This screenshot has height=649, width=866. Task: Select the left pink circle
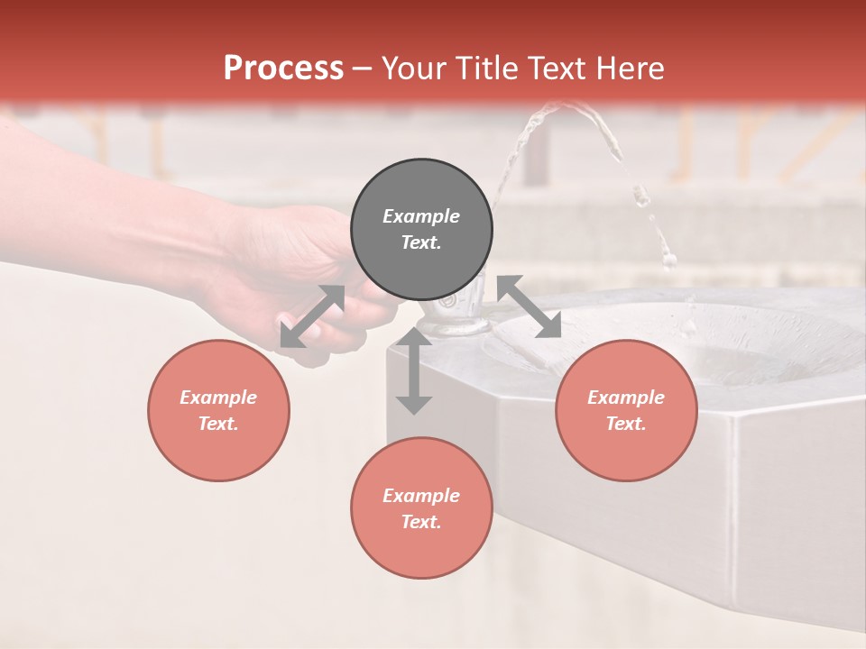coord(218,410)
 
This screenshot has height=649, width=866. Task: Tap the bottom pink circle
coord(421,507)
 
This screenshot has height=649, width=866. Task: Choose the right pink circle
coord(626,410)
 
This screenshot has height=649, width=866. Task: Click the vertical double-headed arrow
coord(414,370)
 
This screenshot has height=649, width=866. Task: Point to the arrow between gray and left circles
coord(312,316)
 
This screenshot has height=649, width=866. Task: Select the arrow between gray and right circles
coord(530,306)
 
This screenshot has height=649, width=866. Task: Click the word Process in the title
coord(283,68)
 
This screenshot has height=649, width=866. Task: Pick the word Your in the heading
coord(416,68)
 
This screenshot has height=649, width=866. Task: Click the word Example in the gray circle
coord(421,216)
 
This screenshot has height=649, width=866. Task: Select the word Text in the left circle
coord(218,424)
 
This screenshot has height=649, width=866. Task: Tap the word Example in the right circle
coord(626,398)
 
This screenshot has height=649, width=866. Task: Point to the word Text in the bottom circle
coord(421,522)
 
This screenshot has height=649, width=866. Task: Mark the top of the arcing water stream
coord(568,107)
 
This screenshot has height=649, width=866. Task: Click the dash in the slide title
coord(363,68)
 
